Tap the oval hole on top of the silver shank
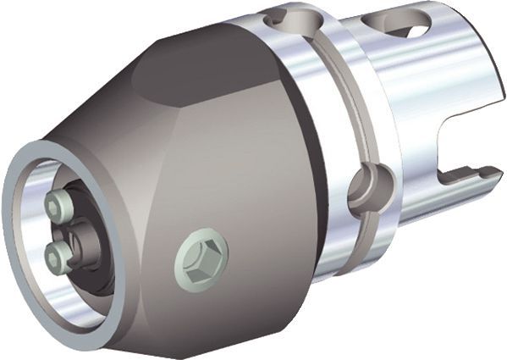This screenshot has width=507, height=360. pyautogui.click(x=408, y=30)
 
